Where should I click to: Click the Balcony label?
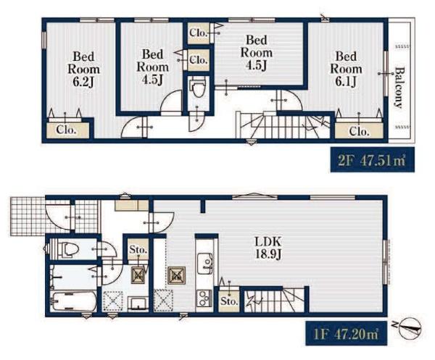tap(399, 88)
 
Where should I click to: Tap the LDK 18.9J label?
tap(268, 248)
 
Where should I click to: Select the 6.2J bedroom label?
tap(83, 69)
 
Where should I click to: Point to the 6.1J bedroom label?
tap(346, 69)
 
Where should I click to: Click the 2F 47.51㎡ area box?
tap(373, 159)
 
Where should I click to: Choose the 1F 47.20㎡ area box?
tap(347, 333)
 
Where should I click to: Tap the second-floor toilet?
tap(198, 87)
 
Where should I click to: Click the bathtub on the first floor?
tap(75, 302)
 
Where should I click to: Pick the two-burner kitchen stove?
tap(204, 298)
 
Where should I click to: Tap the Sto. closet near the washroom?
tap(138, 249)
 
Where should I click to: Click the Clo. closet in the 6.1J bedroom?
tap(359, 130)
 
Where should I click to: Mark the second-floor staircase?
tap(283, 127)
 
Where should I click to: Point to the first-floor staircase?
tap(274, 300)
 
